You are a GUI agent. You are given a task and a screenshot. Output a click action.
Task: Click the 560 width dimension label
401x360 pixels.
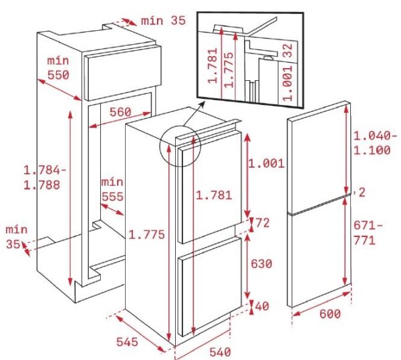[x=120, y=112]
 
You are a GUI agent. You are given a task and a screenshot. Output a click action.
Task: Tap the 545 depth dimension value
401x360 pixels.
[x=127, y=342]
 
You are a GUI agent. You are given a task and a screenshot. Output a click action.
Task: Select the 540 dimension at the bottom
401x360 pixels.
[x=220, y=352]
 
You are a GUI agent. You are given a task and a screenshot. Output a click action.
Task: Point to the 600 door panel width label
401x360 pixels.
[x=330, y=314]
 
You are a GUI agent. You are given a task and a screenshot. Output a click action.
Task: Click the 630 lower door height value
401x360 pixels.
[x=261, y=264]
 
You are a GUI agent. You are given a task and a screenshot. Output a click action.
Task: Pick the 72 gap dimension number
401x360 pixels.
[x=263, y=223]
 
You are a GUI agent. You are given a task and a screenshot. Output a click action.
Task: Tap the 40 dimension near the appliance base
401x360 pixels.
[x=262, y=306]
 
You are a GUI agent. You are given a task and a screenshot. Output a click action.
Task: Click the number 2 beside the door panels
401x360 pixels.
[x=362, y=192]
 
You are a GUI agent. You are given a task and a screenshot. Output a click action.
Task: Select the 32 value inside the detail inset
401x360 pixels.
[x=287, y=51]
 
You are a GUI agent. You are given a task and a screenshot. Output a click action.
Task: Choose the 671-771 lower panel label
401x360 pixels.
[x=368, y=233]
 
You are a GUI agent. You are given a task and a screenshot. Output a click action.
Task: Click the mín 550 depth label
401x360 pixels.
[x=58, y=68]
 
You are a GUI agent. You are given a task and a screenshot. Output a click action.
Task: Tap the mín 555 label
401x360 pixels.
[x=112, y=189]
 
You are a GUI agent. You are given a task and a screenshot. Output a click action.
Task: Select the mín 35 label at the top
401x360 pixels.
[x=163, y=21]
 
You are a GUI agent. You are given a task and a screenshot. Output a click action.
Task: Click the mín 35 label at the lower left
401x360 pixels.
[x=16, y=237]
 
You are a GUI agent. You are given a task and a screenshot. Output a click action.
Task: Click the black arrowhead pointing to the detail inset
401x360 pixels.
[x=203, y=104]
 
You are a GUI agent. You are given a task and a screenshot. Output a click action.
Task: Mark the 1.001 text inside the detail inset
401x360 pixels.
[x=287, y=83]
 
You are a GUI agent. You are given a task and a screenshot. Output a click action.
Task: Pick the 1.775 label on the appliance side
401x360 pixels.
[x=146, y=234]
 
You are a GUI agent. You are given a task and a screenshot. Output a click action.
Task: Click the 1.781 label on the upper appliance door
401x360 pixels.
[x=214, y=195]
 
